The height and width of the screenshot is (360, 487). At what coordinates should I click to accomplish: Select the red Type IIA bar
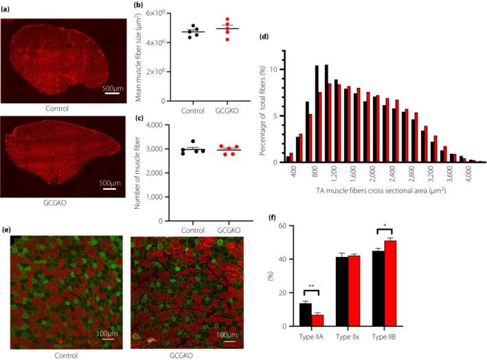(x=318, y=320)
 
